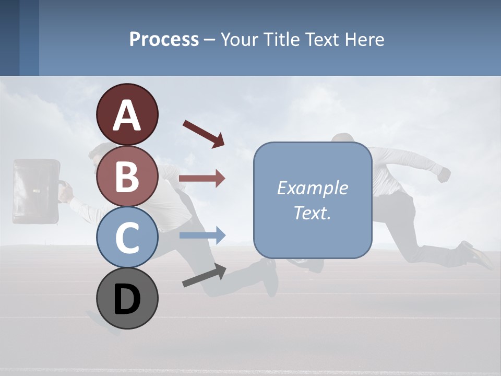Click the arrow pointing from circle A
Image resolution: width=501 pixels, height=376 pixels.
click(204, 134)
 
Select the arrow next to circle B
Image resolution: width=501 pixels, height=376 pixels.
click(202, 179)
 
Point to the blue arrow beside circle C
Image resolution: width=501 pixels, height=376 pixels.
click(202, 236)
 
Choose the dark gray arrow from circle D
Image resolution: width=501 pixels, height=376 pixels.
click(204, 275)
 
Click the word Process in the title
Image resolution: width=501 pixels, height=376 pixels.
click(164, 39)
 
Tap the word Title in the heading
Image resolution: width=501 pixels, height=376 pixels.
click(282, 39)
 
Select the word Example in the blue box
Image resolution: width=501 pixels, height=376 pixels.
click(312, 188)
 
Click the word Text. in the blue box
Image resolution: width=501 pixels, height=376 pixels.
click(312, 213)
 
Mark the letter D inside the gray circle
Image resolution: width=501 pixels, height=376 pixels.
click(127, 300)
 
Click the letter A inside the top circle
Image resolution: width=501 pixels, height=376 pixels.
click(127, 115)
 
